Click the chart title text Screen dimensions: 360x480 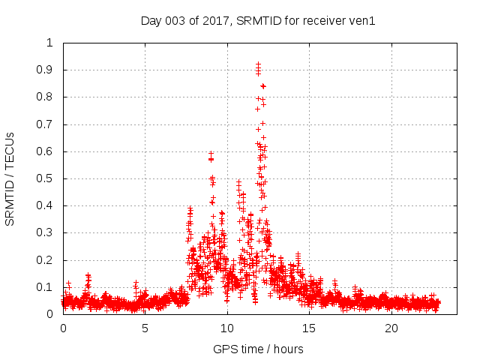257,20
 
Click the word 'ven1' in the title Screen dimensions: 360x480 361,20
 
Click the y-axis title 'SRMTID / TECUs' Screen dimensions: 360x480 10,178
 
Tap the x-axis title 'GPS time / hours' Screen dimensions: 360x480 257,349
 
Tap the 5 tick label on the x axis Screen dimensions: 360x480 145,328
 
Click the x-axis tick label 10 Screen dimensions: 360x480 227,328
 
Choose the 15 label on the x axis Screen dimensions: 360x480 309,328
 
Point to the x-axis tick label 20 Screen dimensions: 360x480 391,328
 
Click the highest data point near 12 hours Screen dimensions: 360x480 258,64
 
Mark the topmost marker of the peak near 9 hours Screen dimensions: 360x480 211,153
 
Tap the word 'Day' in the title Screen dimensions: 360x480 151,20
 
